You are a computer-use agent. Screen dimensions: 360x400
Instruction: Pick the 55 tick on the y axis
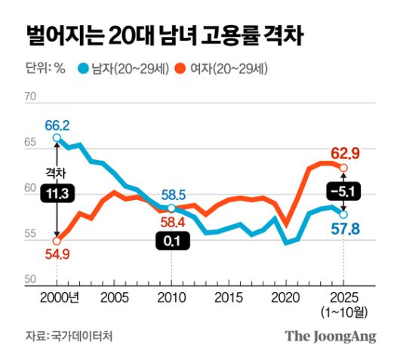[32, 235]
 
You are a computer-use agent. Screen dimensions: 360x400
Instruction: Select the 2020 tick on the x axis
[286, 297]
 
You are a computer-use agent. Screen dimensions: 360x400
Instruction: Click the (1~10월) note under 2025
[343, 311]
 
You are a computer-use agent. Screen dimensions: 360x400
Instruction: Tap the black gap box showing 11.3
[57, 193]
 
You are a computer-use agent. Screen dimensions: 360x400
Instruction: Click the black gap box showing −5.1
[343, 189]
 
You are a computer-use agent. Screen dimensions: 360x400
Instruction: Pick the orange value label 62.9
[343, 154]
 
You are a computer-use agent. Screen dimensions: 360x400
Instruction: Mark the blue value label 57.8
[344, 229]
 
